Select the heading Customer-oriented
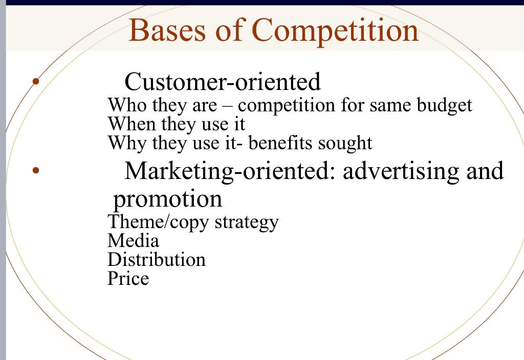223,81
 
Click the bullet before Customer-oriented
35,81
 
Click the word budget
444,105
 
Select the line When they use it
176,124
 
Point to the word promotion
168,199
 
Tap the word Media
133,240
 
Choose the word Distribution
156,259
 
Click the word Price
128,278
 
